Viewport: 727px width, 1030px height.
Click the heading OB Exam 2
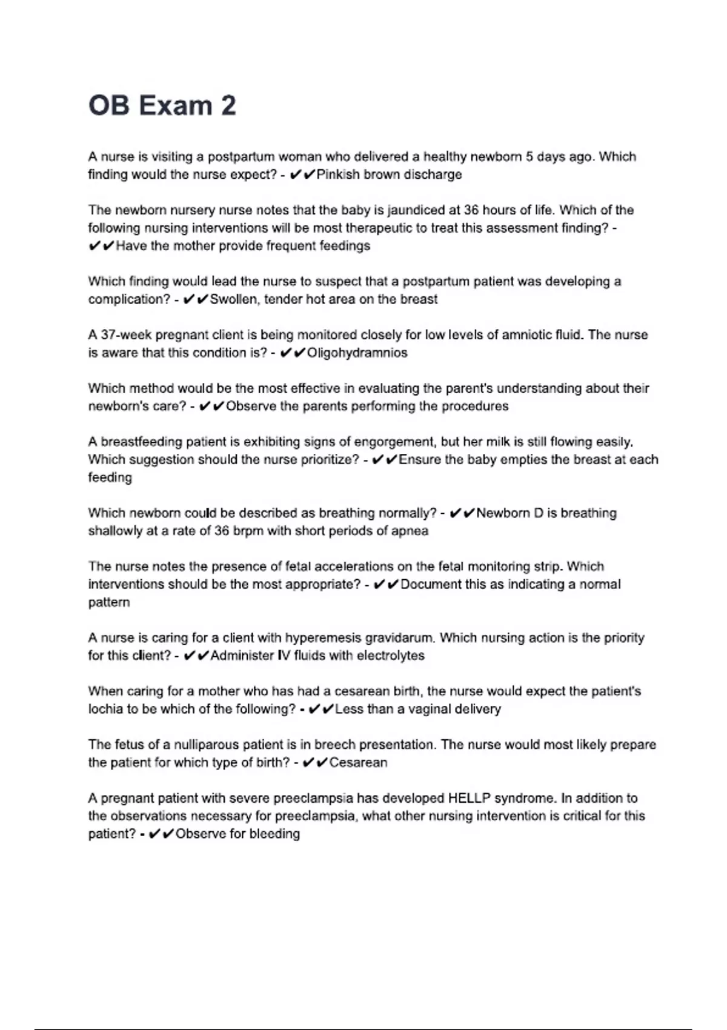[x=162, y=105]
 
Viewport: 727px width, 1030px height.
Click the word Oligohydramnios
[x=357, y=353]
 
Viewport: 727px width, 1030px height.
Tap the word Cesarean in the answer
[x=358, y=762]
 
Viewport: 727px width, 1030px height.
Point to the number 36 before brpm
[x=222, y=531]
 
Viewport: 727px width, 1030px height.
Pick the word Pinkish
[x=338, y=174]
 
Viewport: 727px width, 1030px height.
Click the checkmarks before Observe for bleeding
[x=161, y=834]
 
